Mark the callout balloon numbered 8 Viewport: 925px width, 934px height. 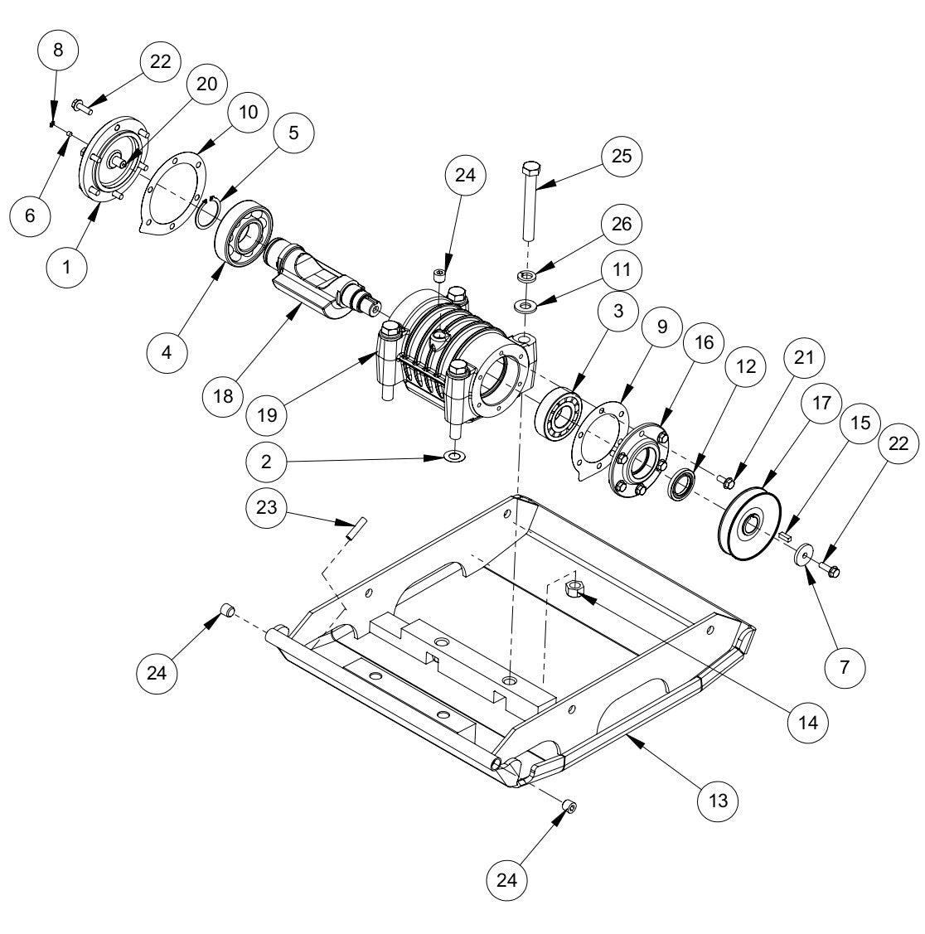(x=58, y=50)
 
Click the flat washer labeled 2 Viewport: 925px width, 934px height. (x=453, y=456)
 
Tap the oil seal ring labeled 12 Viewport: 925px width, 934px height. (x=685, y=485)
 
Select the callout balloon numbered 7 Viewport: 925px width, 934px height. (x=845, y=666)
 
